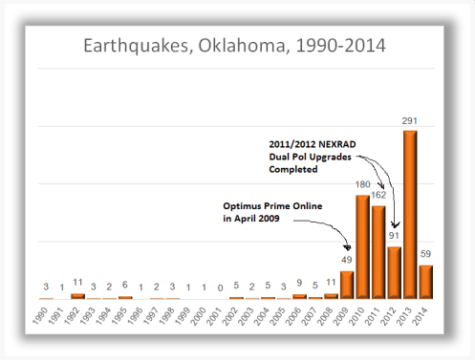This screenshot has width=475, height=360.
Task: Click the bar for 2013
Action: [409, 215]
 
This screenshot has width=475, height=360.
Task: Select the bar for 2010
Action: [362, 247]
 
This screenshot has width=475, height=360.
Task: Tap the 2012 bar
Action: [394, 272]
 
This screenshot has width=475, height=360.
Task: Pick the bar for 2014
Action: [425, 282]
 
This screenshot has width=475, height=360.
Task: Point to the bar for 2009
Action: [347, 285]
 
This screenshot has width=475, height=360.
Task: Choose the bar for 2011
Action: [378, 252]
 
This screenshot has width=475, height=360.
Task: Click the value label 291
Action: [409, 121]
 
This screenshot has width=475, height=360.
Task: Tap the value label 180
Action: [362, 185]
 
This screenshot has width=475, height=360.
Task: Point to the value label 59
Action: [426, 255]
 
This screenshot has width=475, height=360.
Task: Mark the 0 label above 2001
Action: [220, 286]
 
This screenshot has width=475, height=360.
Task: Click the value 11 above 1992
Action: [78, 284]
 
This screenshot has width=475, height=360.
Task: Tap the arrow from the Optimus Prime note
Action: [325, 227]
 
